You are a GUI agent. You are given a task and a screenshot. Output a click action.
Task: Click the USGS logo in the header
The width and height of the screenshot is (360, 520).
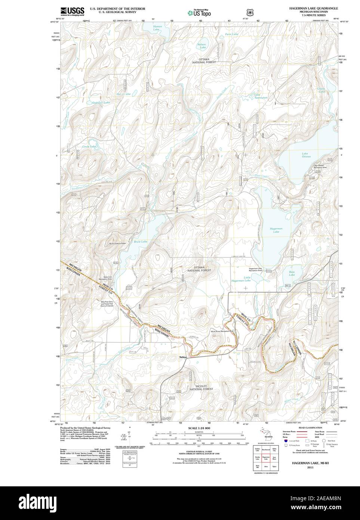(x=72, y=11)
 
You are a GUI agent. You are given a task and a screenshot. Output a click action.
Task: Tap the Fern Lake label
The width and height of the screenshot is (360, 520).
(x=233, y=34)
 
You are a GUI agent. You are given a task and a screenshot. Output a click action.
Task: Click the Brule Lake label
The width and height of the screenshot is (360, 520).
(x=140, y=242)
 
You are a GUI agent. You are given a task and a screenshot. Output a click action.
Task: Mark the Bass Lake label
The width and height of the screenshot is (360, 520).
(x=292, y=273)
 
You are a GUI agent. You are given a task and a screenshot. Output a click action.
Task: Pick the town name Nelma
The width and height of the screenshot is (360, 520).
(x=183, y=357)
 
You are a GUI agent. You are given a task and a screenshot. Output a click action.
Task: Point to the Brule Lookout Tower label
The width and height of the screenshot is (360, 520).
(x=120, y=244)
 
